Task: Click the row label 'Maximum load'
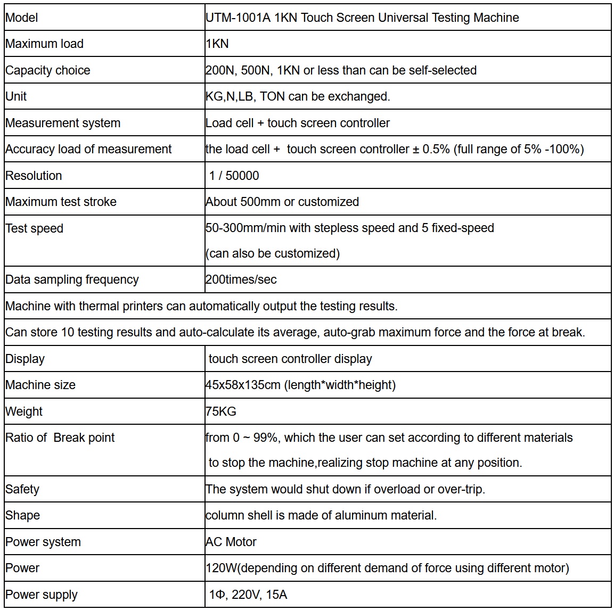pos(44,44)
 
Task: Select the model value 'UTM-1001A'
pos(238,18)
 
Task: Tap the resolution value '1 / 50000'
pos(234,176)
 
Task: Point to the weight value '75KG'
pos(221,411)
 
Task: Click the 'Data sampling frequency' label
pos(72,279)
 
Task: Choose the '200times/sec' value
pos(241,279)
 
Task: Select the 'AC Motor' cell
pos(231,542)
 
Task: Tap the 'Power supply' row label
pos(42,595)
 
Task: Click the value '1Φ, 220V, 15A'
pos(248,595)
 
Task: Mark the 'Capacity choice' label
pos(48,70)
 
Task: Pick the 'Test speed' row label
pos(35,228)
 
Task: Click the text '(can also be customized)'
pos(273,253)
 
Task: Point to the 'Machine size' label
pos(40,385)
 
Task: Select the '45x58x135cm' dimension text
pos(243,385)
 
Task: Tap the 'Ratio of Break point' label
pos(60,438)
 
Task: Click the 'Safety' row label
pos(22,489)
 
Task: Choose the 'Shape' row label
pos(23,515)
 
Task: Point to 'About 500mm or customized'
pos(282,202)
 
